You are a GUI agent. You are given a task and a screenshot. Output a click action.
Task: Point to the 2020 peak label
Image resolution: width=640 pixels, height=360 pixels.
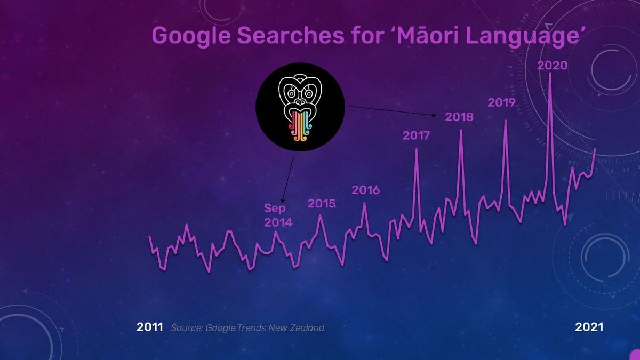552,66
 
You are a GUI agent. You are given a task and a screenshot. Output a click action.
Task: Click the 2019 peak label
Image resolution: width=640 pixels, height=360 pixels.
501,102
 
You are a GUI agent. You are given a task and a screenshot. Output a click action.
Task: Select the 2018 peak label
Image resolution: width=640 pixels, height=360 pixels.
459,116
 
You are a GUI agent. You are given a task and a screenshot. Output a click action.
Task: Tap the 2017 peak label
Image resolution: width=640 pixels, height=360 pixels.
416,135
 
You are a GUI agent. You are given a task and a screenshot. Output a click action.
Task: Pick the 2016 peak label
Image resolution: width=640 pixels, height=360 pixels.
365,190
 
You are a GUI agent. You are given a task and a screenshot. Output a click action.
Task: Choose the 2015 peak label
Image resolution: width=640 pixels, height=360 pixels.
322,203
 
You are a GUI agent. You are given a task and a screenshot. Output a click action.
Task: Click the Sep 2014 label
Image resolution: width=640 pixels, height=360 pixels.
278,215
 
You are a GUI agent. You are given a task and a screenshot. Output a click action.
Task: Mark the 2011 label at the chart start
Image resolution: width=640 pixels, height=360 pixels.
150,327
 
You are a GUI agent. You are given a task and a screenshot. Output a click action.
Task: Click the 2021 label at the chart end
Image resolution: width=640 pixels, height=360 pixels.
589,327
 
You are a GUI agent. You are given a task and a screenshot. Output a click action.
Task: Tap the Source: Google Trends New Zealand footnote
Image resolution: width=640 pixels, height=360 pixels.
247,327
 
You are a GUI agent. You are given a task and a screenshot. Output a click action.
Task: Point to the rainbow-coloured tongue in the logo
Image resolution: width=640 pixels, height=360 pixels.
300,126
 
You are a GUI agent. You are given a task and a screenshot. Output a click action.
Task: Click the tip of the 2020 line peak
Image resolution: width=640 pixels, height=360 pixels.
550,73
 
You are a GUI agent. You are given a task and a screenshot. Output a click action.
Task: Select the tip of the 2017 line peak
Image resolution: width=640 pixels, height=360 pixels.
417,149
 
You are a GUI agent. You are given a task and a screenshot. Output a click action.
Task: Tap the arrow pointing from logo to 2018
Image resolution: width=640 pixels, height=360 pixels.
392,110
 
